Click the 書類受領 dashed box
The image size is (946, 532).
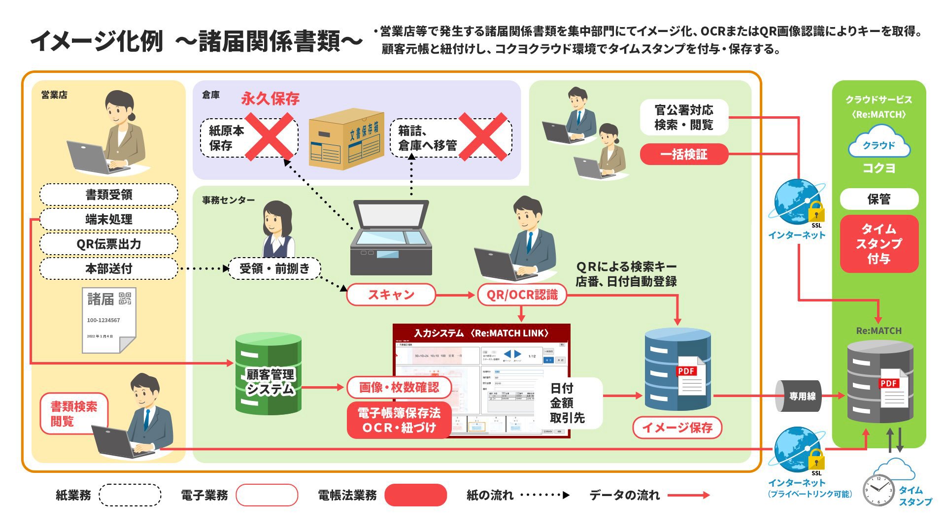click(108, 195)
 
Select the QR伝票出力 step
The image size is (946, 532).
click(108, 244)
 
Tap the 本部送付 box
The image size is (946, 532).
click(108, 268)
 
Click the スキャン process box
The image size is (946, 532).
click(391, 295)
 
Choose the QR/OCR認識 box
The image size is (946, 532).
click(522, 295)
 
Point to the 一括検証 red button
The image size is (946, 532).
click(683, 154)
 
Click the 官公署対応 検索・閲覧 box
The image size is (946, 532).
click(683, 117)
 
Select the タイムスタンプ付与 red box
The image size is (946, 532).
click(879, 243)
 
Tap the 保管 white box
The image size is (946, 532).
click(879, 199)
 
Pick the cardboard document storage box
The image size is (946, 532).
click(346, 139)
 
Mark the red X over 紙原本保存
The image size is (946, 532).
click(269, 136)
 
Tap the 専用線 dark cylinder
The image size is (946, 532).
click(799, 396)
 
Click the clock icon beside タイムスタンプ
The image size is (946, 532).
click(878, 490)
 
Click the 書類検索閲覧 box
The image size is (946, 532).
click(74, 413)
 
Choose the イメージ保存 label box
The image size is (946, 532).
click(677, 427)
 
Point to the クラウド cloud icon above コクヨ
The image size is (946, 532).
click(879, 143)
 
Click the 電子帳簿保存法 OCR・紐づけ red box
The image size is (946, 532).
click(399, 420)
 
